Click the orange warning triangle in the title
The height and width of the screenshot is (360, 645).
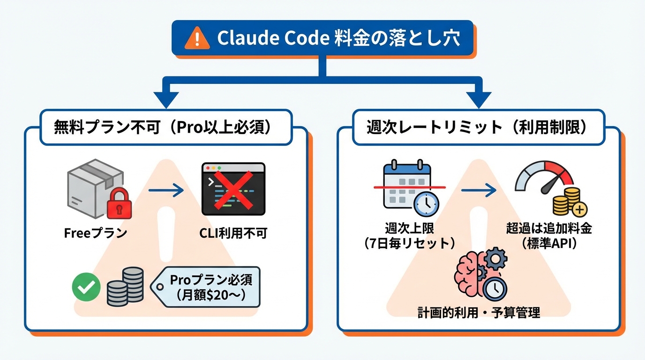point(197,39)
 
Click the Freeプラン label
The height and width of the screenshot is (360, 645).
point(96,233)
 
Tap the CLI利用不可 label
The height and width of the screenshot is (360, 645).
point(233,233)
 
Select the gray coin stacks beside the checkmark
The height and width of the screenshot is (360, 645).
point(125,287)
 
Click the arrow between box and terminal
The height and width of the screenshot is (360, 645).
point(166,190)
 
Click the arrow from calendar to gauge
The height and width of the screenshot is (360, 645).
point(479,190)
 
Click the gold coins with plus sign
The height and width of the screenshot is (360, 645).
point(569,202)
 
